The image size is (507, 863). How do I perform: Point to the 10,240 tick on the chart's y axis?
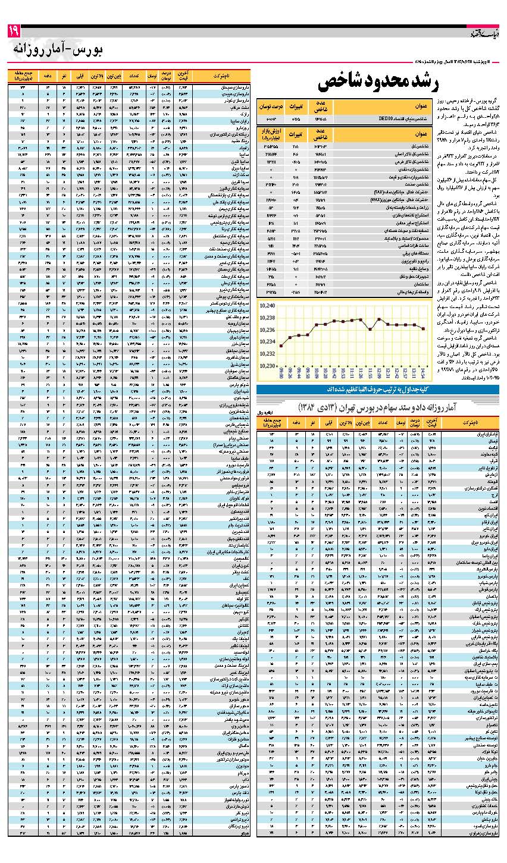coord(267,306)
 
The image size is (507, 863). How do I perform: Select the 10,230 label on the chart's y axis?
coord(267,366)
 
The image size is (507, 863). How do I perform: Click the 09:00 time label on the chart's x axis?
coord(281,374)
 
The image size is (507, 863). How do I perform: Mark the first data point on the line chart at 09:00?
coord(281,346)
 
